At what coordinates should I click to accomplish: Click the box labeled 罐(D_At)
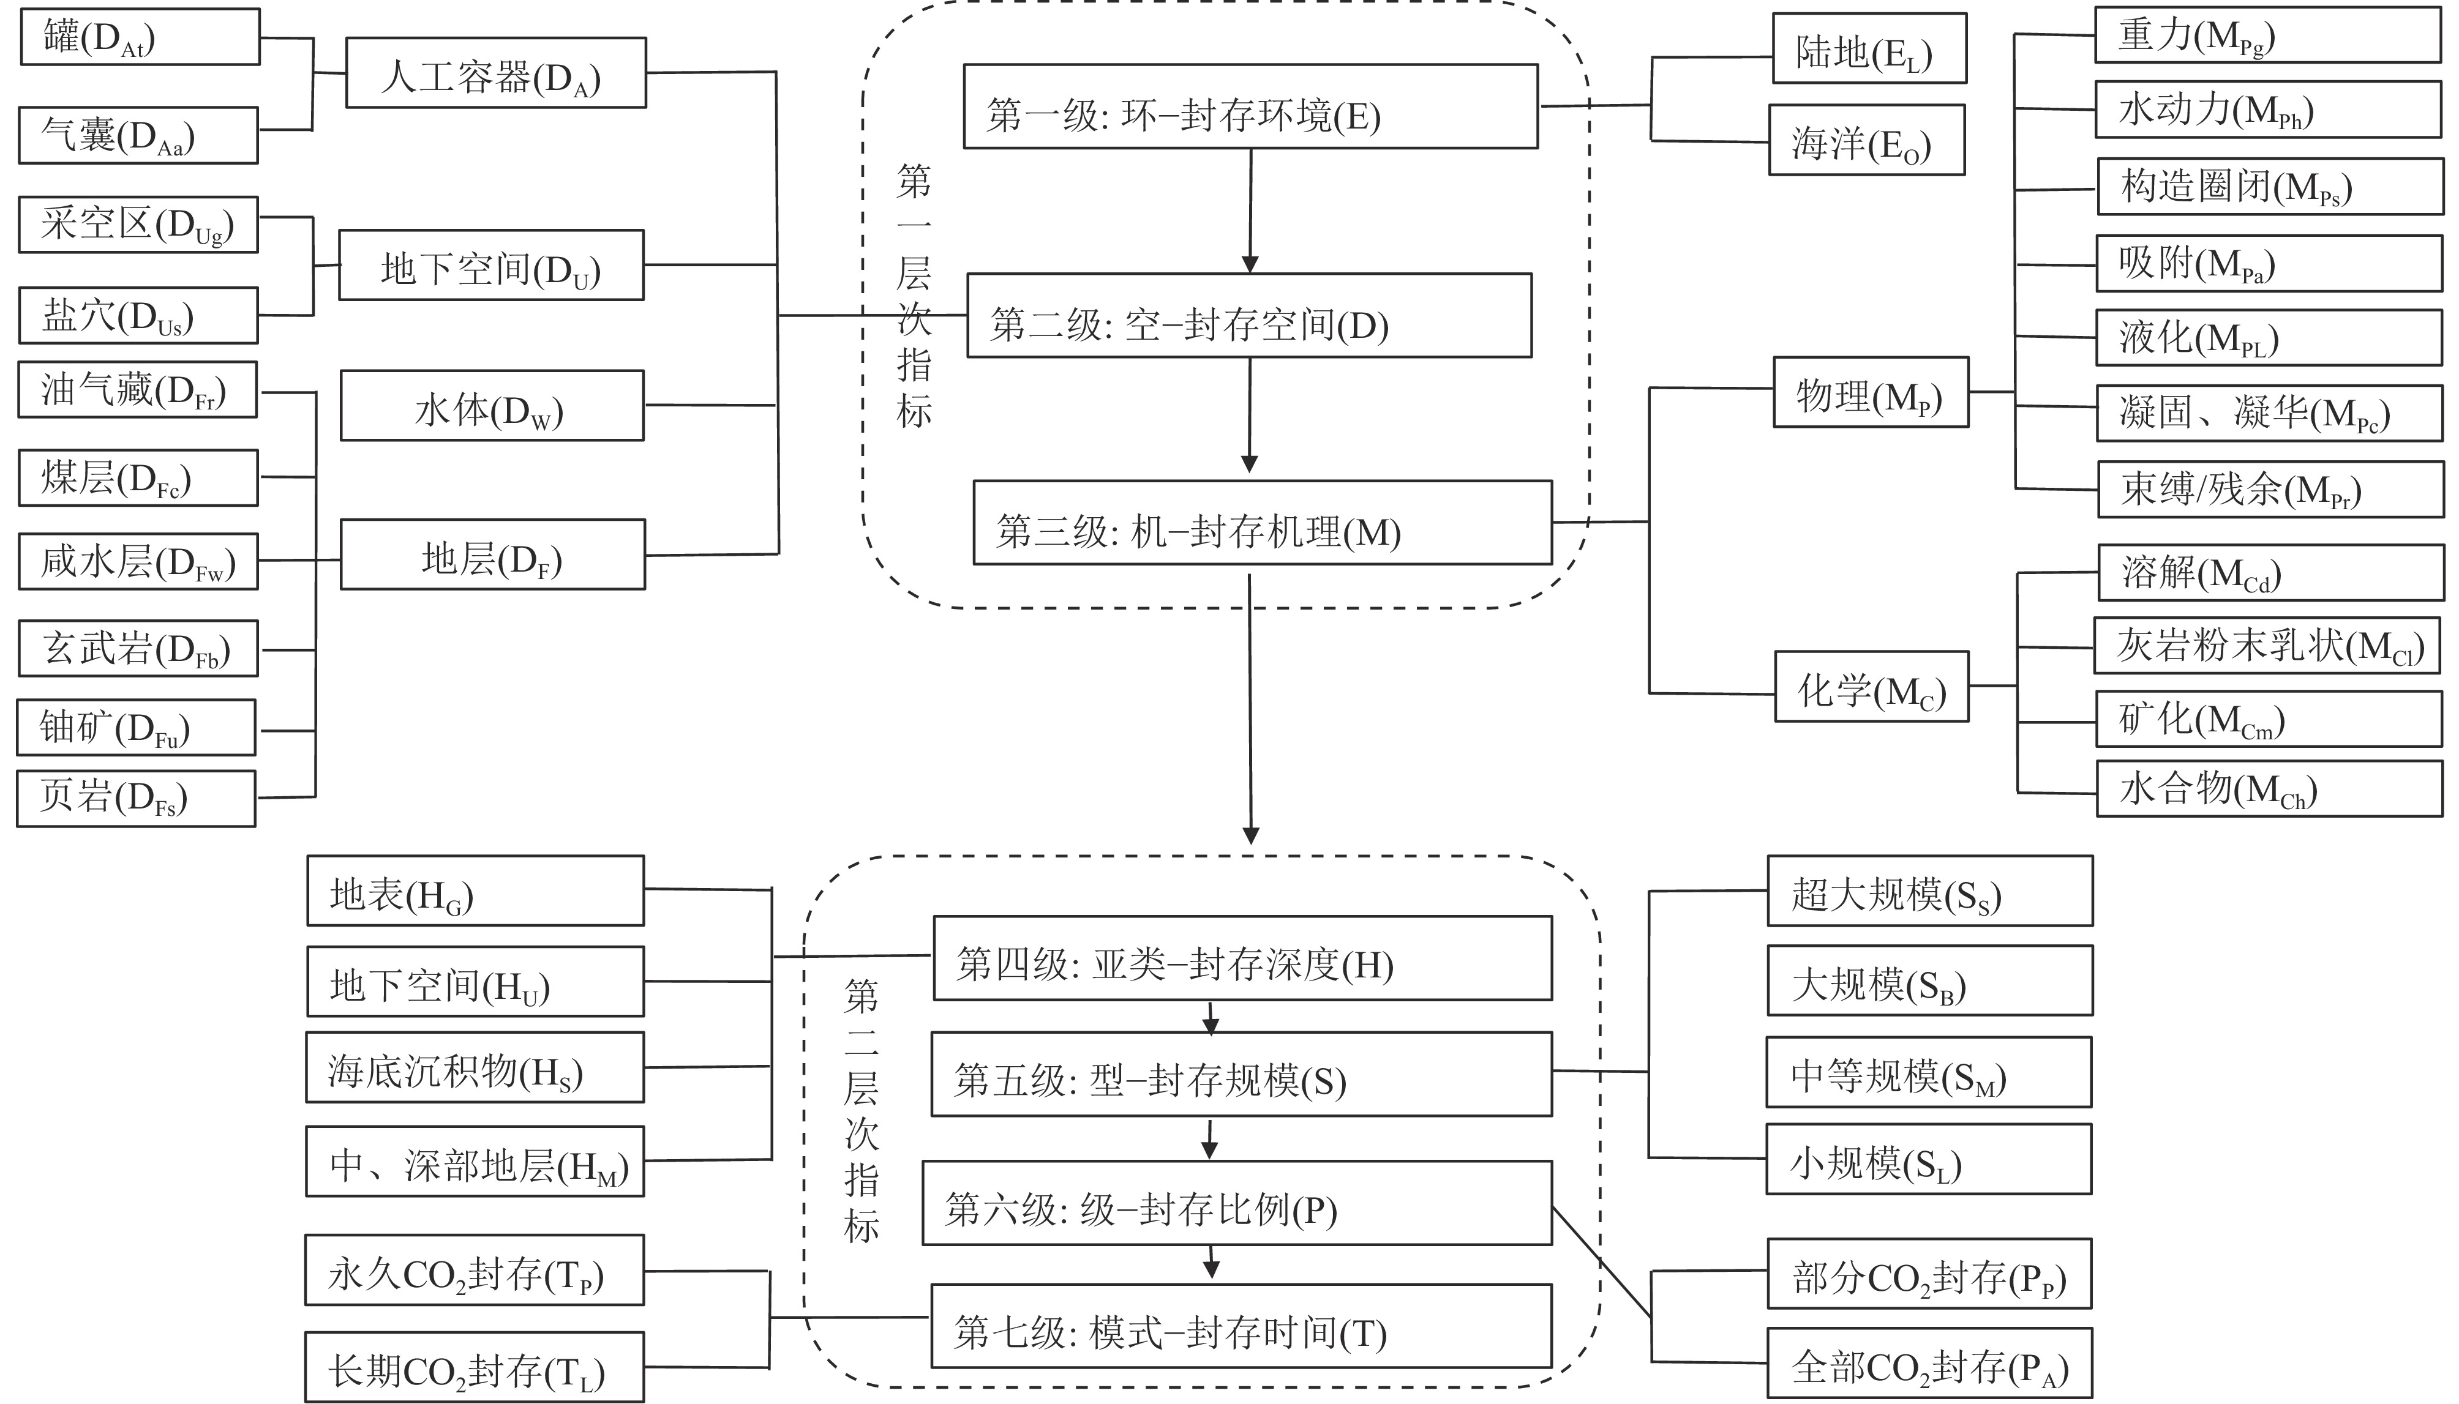(140, 37)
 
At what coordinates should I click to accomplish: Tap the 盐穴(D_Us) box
(138, 315)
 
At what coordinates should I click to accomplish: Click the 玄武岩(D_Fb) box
(138, 648)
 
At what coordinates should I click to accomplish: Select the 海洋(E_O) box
(1866, 141)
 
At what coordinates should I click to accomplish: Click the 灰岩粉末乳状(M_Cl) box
(2267, 646)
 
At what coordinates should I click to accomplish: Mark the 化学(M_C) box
(1871, 687)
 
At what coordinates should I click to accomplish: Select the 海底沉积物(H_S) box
(475, 1067)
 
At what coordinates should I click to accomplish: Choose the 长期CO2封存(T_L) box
(475, 1367)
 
